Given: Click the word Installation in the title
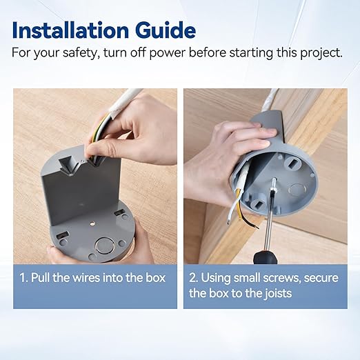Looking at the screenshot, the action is coord(70,30).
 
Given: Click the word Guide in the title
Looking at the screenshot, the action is coord(166,30).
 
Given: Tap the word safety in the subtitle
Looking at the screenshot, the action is coord(81,53).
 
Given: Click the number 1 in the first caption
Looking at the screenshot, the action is coord(23,277).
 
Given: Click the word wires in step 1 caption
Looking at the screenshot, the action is coord(86,277).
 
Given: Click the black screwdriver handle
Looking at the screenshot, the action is coord(265,256).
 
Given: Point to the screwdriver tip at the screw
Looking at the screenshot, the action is coord(273,181).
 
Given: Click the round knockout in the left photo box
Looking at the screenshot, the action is coord(103,245).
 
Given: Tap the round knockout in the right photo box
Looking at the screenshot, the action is coord(297,190).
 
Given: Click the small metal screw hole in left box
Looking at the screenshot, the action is coord(92,223).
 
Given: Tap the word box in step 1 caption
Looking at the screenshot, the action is coord(155,277).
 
